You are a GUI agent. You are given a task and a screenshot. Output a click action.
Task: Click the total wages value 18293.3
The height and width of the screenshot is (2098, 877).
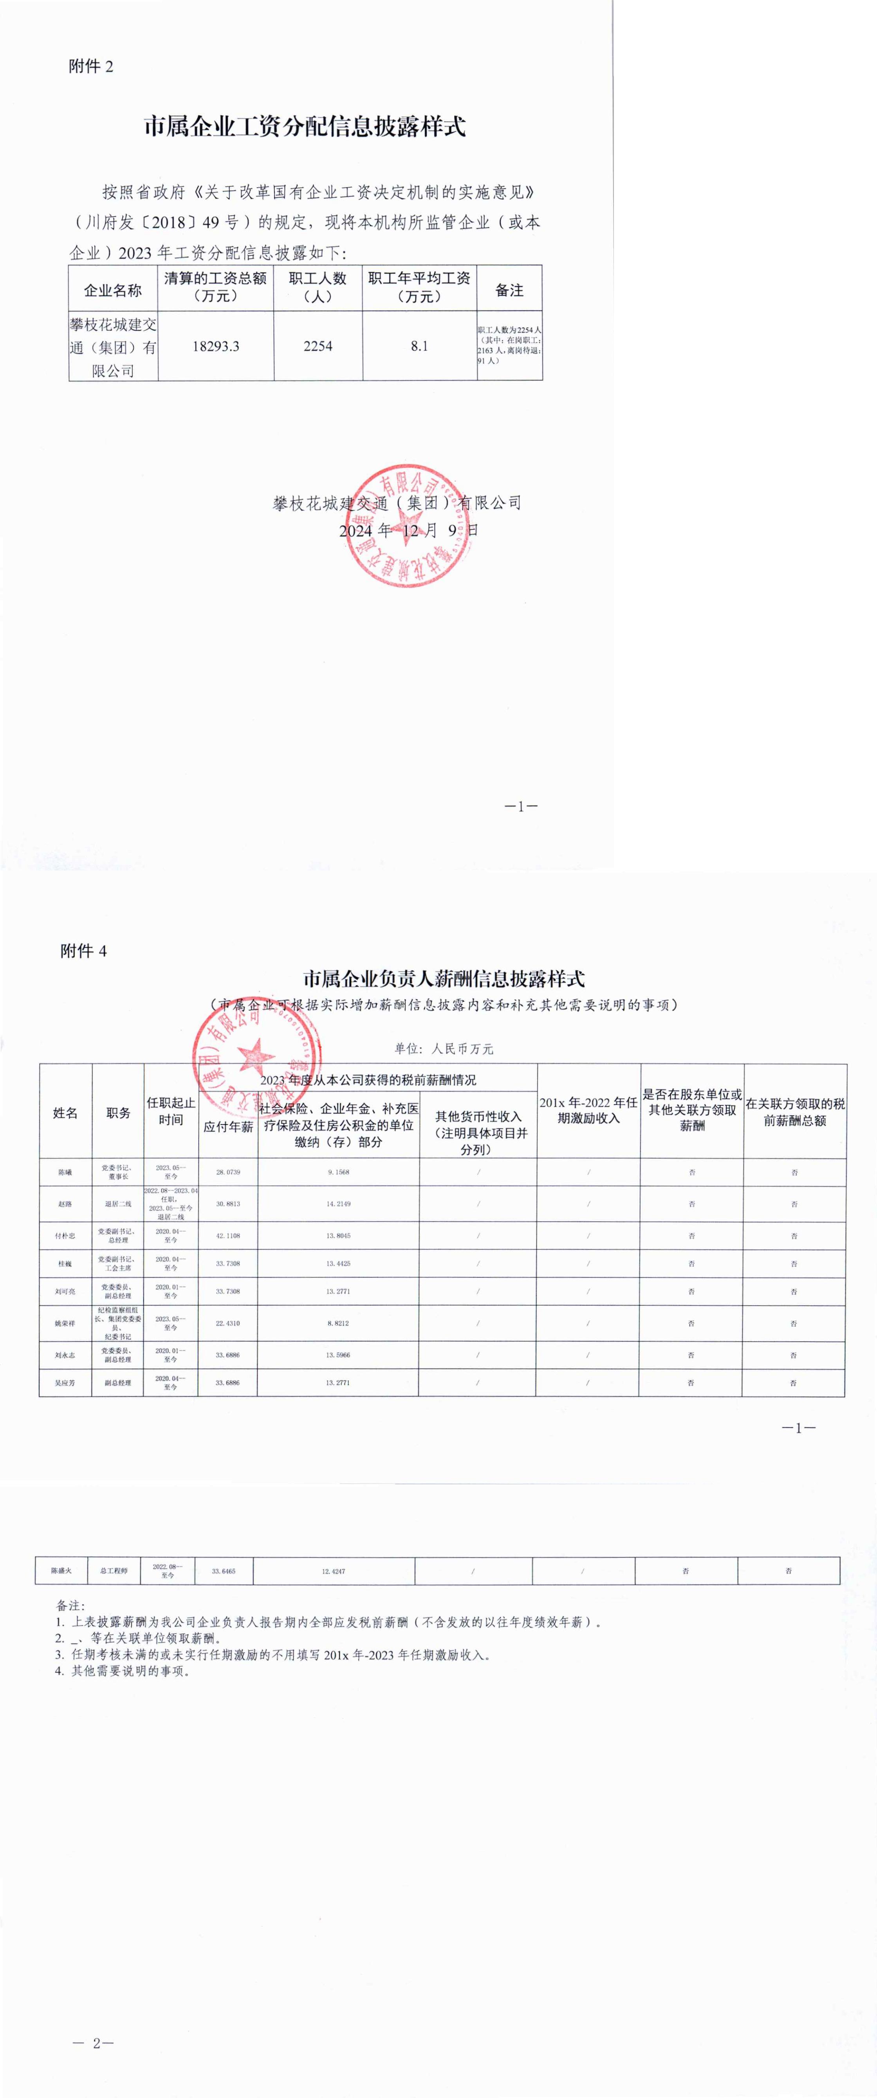tap(216, 346)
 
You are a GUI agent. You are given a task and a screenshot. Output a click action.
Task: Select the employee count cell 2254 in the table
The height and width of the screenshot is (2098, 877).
tap(318, 346)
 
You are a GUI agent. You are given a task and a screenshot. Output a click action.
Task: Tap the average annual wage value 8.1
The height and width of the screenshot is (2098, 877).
tap(419, 346)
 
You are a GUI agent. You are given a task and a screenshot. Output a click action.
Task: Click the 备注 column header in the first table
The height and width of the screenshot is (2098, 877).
tap(509, 290)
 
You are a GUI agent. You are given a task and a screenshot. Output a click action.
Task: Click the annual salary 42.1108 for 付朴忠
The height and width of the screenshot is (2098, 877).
tap(228, 1235)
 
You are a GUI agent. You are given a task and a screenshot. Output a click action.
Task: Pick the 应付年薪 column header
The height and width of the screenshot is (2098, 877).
tap(228, 1127)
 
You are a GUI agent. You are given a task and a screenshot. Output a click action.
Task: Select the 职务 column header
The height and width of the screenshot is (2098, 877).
tap(118, 1112)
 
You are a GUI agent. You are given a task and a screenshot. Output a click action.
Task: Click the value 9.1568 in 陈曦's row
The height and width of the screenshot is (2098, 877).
tap(339, 1172)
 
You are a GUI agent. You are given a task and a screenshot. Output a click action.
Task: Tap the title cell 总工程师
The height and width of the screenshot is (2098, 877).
tap(114, 1570)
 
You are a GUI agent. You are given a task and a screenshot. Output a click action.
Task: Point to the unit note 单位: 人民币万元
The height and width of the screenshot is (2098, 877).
tap(444, 1049)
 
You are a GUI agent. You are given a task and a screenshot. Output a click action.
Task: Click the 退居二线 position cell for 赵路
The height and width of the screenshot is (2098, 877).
tap(118, 1204)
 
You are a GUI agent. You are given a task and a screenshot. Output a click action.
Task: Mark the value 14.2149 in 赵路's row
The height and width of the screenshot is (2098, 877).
tap(339, 1204)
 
